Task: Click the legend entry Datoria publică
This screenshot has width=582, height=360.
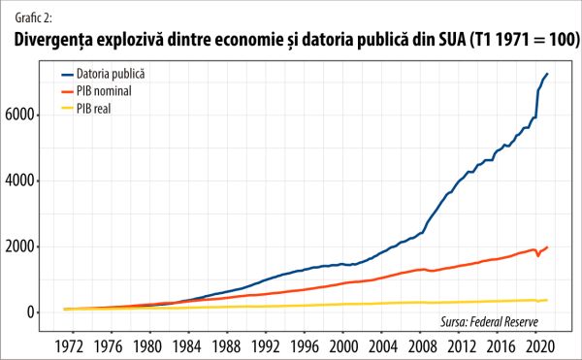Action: [x=110, y=74]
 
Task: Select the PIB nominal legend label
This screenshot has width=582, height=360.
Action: [x=104, y=90]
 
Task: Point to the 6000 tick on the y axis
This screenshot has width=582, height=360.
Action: [x=31, y=115]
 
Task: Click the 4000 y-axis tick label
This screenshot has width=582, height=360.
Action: [x=31, y=180]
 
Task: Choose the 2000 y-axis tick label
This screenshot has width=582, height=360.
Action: [x=31, y=246]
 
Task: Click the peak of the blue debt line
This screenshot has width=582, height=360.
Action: [x=548, y=74]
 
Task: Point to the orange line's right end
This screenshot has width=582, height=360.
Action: [x=548, y=246]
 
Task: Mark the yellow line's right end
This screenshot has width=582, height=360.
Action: [x=548, y=300]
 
